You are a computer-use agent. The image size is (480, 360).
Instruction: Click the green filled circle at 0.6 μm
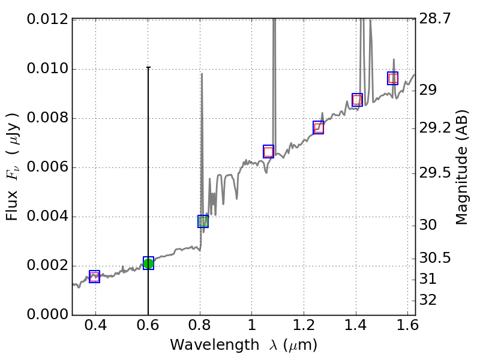coord(148,263)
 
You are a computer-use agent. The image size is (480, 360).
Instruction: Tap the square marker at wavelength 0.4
coord(94,277)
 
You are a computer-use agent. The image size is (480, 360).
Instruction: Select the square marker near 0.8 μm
coord(203,221)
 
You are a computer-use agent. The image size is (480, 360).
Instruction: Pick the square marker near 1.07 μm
coord(268,151)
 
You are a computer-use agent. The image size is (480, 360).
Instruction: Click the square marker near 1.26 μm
coord(318,127)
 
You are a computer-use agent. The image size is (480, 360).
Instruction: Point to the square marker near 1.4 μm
coord(357,100)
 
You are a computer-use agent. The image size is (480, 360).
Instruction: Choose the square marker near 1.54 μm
coord(392,78)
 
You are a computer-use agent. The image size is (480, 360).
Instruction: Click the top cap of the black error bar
coord(148,68)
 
